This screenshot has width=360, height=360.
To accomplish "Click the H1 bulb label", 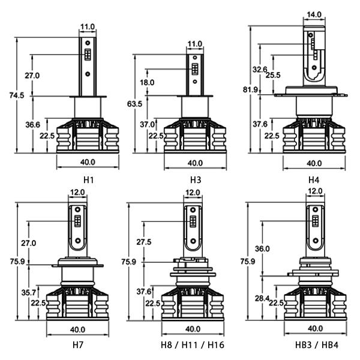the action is pos(89,180).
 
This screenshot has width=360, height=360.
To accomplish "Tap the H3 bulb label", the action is pos(196,180).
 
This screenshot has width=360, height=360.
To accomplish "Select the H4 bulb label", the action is pos(314,180).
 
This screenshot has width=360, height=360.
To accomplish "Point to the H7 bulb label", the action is pos(78,344).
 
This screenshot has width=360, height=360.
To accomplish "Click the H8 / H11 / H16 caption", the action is pos(193,344).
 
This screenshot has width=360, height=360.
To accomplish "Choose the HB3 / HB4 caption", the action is pos(317,344).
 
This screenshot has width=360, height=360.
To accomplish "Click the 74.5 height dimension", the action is pos(17,95).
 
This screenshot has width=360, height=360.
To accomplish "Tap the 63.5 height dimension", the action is pos(134,104).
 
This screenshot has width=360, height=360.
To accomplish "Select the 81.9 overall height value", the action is pos(250,89).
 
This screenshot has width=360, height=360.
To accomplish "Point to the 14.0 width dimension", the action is pos(314,14).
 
